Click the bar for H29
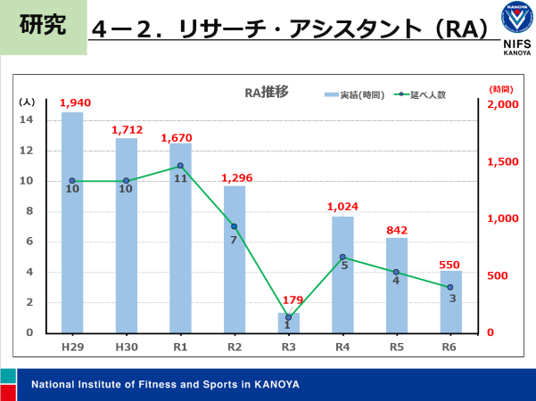click(x=72, y=223)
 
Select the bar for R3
click(x=288, y=323)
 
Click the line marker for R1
click(x=180, y=166)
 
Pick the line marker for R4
click(x=342, y=258)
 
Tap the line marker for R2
click(x=235, y=226)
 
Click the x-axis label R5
click(x=396, y=346)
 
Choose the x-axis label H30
click(x=126, y=346)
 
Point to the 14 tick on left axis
click(x=27, y=120)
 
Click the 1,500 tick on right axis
click(x=505, y=161)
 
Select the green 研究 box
click(x=42, y=26)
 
